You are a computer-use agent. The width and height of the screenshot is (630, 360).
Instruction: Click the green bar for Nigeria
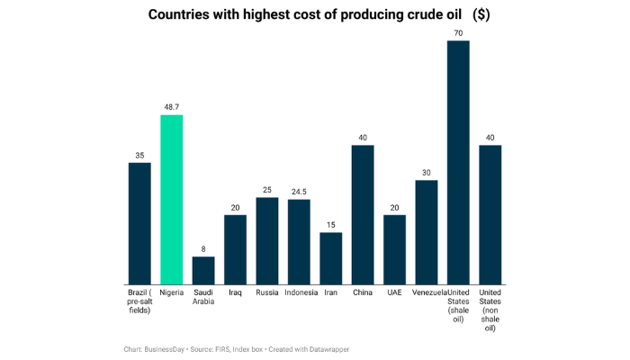(172, 199)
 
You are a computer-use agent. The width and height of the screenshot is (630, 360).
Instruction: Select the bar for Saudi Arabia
(203, 270)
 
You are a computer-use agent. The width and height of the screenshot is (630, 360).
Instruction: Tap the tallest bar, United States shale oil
(458, 162)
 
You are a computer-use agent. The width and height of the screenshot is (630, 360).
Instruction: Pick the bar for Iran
(331, 257)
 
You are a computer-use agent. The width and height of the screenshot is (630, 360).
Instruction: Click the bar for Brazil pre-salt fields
(139, 222)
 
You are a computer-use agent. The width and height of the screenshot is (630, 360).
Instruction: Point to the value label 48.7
(172, 107)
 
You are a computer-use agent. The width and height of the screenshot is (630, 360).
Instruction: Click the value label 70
(458, 33)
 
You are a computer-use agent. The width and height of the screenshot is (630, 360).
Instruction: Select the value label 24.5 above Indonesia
(299, 192)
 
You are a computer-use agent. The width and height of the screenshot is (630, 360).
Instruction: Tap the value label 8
(203, 249)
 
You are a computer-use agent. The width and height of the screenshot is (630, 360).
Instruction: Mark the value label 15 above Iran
(331, 225)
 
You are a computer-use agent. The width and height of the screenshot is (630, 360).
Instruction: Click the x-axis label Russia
(267, 292)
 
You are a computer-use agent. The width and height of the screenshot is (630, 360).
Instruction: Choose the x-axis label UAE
(394, 292)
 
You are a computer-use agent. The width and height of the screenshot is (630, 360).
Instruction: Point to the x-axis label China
(363, 292)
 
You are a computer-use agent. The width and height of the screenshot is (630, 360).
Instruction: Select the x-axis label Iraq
(235, 292)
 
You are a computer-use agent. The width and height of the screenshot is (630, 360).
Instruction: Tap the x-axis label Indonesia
(299, 292)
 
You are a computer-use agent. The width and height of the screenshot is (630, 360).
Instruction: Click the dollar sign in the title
(481, 15)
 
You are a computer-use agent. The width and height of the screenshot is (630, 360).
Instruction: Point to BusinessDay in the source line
(172, 348)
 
